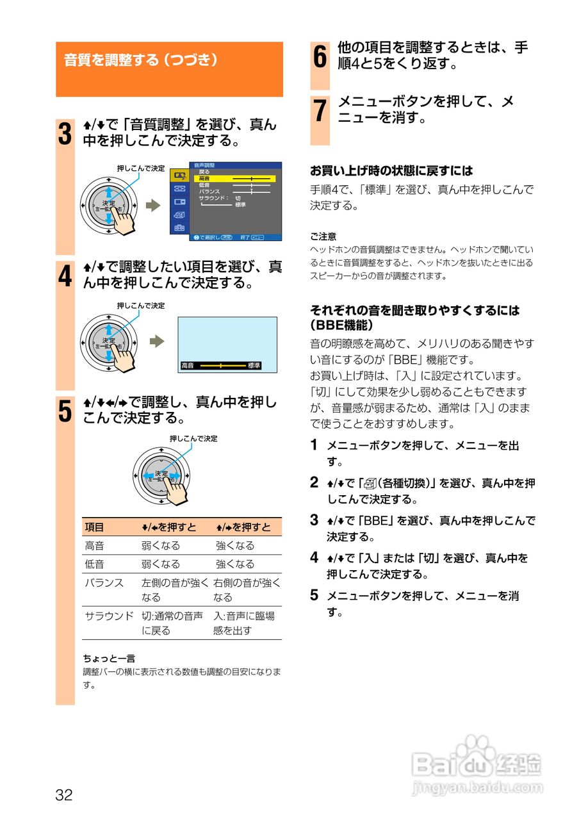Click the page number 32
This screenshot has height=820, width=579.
(64, 796)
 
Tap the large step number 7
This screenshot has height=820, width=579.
(320, 111)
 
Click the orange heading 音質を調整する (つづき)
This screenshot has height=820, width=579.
(142, 60)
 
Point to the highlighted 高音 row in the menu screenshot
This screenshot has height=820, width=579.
(234, 179)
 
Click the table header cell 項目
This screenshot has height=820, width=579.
(94, 527)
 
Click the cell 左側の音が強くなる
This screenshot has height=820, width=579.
(175, 589)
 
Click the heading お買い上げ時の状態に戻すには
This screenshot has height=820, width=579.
(391, 171)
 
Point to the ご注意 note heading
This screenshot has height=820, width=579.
(323, 236)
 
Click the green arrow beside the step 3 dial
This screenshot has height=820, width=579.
(152, 205)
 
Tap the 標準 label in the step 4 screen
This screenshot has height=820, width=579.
(254, 365)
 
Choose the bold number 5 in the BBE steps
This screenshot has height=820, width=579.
(314, 595)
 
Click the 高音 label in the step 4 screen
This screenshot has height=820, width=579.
(188, 365)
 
